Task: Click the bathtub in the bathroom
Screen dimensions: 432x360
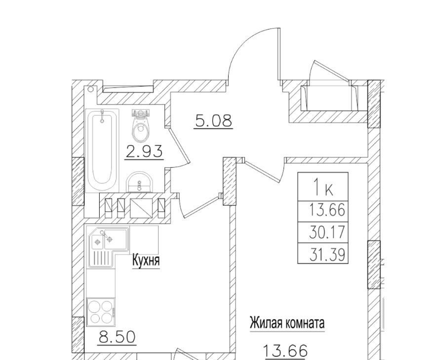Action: [x=102, y=150]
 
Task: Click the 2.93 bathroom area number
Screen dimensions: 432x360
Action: [x=144, y=151]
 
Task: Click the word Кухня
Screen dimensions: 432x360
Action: [x=146, y=260]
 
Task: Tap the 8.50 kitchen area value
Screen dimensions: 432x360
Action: [x=118, y=337]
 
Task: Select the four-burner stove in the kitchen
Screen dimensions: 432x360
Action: [x=101, y=312]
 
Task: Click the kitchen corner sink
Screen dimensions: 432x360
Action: [x=108, y=247]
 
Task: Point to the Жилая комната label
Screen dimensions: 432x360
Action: [x=287, y=323]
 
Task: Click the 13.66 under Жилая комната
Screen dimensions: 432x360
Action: [x=285, y=351]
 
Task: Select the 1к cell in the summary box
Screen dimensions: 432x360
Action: [x=323, y=187]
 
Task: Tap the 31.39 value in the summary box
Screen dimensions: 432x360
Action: [x=327, y=253]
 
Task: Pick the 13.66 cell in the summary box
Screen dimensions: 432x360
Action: [x=327, y=211]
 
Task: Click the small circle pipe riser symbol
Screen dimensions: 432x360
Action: [x=90, y=89]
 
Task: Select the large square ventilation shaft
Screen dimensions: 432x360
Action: [x=141, y=208]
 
